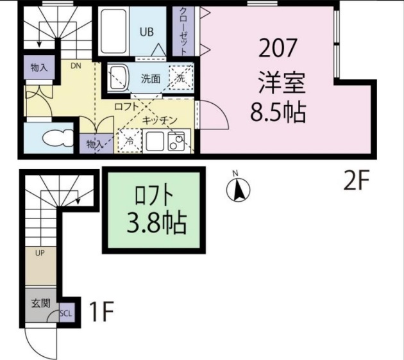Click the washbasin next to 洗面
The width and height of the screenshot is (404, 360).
click(x=119, y=79)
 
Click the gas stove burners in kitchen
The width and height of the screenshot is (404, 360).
click(x=176, y=141)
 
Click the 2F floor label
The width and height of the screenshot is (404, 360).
click(x=356, y=183)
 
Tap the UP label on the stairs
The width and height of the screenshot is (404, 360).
click(x=40, y=253)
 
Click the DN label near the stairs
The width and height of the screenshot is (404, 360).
click(x=76, y=65)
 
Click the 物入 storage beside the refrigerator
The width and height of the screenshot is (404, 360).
click(x=94, y=145)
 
